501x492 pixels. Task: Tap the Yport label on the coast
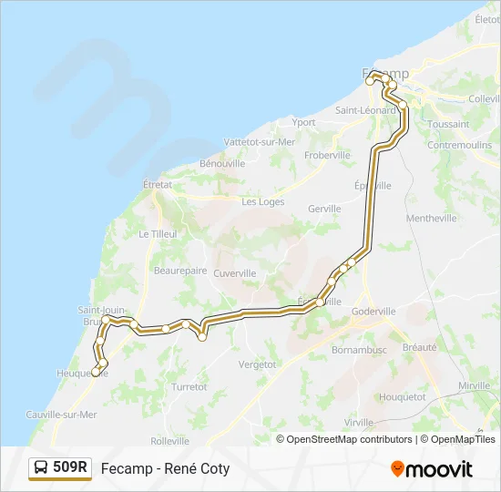(303, 122)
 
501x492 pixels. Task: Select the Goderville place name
(373, 311)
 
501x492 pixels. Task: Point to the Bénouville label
(222, 164)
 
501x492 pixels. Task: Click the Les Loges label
(262, 202)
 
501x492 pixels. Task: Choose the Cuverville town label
(234, 273)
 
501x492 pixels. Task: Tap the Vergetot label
(257, 364)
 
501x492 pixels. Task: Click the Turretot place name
(189, 386)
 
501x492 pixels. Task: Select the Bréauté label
(419, 347)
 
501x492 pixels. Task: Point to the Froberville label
(328, 156)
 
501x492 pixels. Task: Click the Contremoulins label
(459, 145)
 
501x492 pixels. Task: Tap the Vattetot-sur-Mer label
(260, 142)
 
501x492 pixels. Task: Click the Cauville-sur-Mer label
(63, 414)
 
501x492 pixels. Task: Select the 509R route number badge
(70, 468)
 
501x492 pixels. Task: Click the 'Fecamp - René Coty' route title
(165, 469)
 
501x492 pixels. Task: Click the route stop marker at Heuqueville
(96, 372)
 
